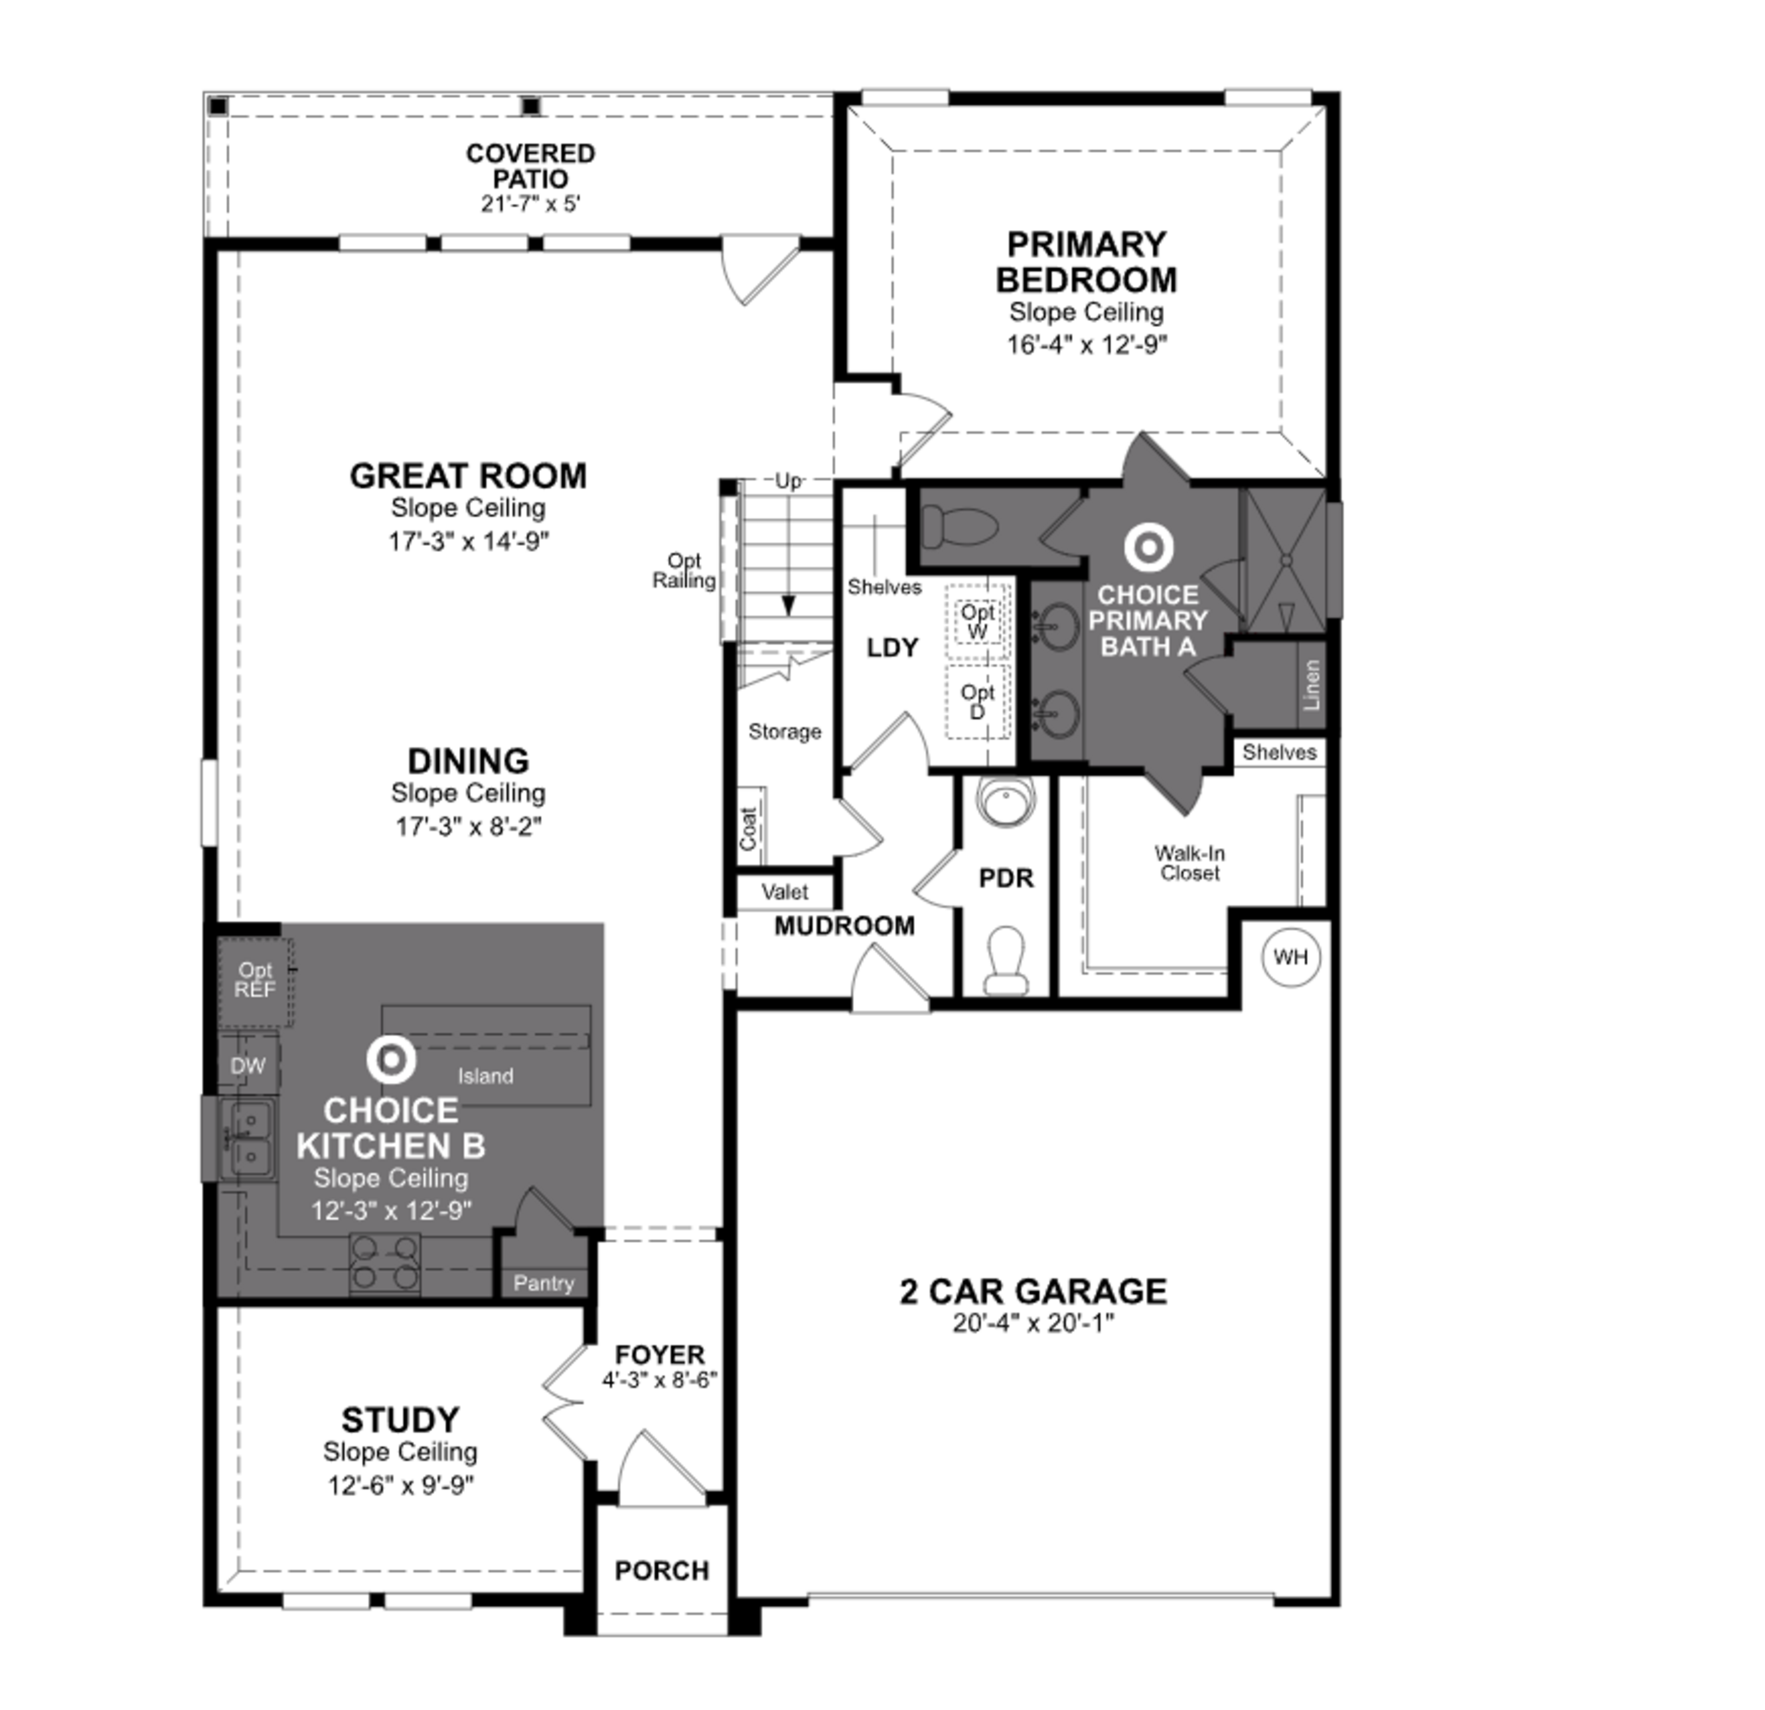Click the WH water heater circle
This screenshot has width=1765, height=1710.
point(1291,957)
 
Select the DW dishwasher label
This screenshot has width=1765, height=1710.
point(248,1066)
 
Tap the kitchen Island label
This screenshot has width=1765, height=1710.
point(485,1076)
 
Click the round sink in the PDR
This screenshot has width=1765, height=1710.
point(1006,800)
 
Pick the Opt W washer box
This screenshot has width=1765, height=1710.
point(977,621)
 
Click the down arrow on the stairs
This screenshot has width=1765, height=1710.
point(789,605)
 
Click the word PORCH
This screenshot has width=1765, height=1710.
point(662,1571)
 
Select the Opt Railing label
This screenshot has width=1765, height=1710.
point(684,571)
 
